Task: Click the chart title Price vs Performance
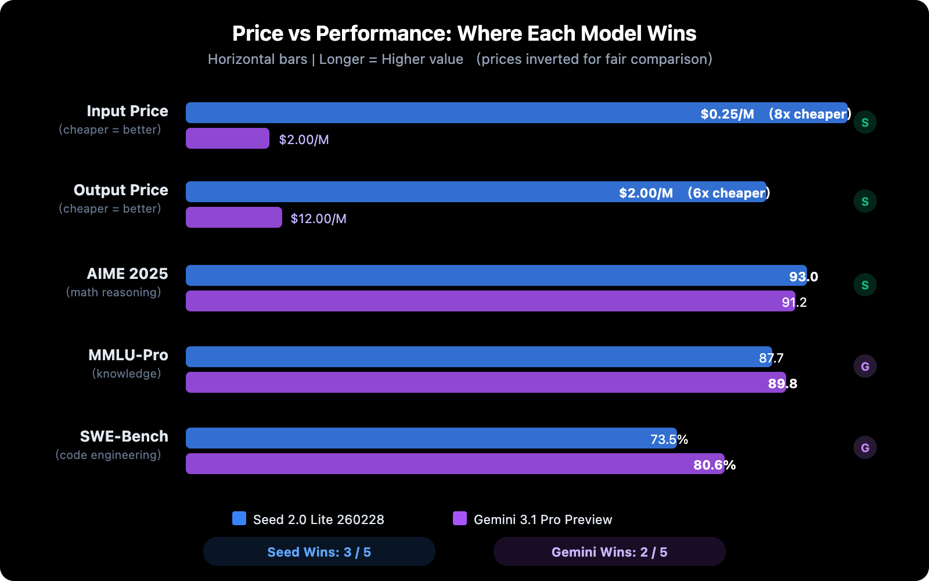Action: click(464, 34)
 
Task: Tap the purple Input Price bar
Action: click(227, 138)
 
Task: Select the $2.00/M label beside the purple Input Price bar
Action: click(304, 139)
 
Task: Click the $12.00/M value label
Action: click(318, 218)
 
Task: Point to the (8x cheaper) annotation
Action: click(809, 114)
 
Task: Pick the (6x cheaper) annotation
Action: click(728, 193)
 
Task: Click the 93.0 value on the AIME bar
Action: click(803, 277)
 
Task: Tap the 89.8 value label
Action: click(782, 383)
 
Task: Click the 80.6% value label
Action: click(714, 465)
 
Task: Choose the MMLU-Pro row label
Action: click(128, 355)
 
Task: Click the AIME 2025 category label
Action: click(127, 274)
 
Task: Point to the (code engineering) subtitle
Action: click(108, 455)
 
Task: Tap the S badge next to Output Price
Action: click(865, 201)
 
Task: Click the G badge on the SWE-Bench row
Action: click(865, 447)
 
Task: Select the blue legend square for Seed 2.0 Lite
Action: click(239, 518)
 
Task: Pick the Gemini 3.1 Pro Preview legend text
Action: click(542, 519)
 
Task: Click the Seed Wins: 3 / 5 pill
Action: click(319, 551)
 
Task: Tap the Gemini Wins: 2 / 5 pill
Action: click(609, 551)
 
